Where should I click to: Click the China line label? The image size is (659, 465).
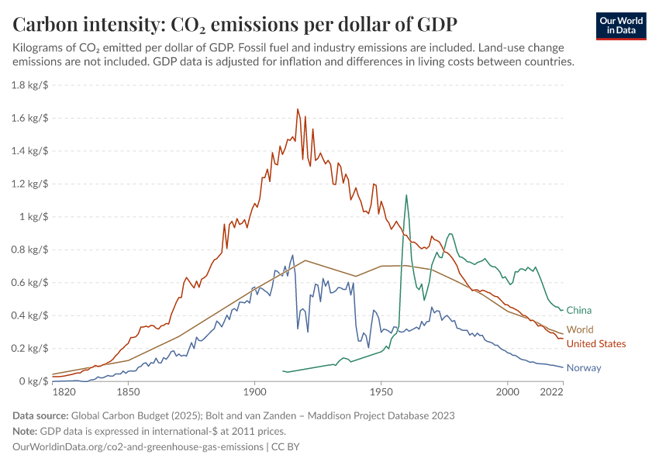[x=578, y=311]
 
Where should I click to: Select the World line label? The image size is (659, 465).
[x=580, y=330]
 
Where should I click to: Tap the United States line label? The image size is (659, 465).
[x=595, y=344]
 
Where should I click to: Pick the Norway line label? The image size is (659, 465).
[x=583, y=368]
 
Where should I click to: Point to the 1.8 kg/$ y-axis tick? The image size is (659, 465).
[x=30, y=85]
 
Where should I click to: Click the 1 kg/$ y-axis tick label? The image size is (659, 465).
[x=35, y=217]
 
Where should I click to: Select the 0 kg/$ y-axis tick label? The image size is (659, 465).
[x=35, y=381]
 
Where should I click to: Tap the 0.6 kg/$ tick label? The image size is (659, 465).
[x=30, y=283]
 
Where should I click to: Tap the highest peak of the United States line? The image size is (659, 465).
[x=298, y=109]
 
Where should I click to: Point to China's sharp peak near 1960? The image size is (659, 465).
[x=405, y=195]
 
